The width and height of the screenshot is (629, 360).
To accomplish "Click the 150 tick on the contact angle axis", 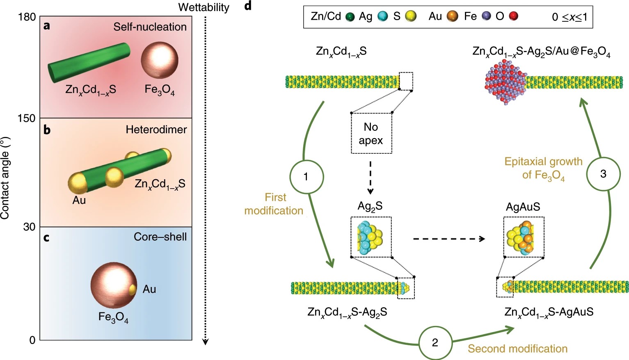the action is [27, 118].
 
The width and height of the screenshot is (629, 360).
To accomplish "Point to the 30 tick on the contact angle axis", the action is [30, 227].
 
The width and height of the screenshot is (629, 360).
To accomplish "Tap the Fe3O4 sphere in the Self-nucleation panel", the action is [160, 60].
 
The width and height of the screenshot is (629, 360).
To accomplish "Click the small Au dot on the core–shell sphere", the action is [133, 289].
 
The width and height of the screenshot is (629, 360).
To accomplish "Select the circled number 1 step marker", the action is [306, 176].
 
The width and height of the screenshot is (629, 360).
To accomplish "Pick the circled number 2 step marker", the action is [435, 343].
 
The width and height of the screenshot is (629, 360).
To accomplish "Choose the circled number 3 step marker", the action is [603, 174].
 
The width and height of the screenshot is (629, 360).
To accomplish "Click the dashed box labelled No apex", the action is [371, 133].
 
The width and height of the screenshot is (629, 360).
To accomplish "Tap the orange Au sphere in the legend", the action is [452, 16].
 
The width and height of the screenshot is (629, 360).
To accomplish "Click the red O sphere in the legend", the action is [514, 16].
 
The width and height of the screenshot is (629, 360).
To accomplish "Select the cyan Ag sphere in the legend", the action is [383, 16].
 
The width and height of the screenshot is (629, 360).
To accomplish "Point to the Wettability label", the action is [204, 7].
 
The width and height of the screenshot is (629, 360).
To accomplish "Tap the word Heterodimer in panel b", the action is [156, 130].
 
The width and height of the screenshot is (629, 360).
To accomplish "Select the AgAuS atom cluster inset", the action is [524, 237].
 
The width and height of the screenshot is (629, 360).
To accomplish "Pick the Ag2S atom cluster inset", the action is [371, 237].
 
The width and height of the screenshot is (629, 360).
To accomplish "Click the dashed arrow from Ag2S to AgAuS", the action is [449, 239].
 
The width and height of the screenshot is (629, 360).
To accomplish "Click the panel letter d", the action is [248, 5].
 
